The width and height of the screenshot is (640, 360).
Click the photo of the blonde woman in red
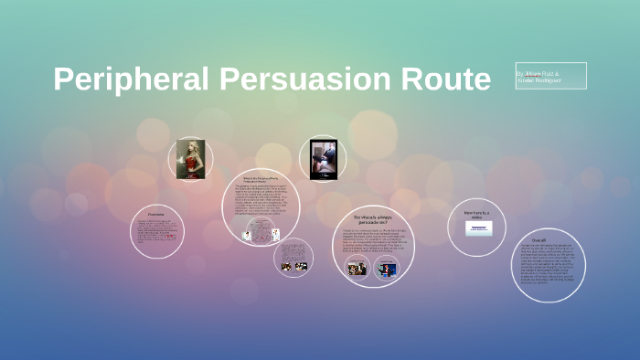pyautogui.click(x=190, y=158)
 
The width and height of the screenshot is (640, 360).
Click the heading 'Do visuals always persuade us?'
pyautogui.click(x=371, y=218)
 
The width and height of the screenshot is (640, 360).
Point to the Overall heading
pyautogui.click(x=550, y=240)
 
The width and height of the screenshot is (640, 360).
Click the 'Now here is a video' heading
pyautogui.click(x=476, y=214)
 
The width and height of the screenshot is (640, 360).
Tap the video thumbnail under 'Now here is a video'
pyautogui.click(x=478, y=228)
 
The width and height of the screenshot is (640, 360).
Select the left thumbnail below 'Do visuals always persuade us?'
pyautogui.click(x=357, y=269)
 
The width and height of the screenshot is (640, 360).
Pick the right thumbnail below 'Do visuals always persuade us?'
pyautogui.click(x=388, y=269)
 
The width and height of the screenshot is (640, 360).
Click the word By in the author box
pyautogui.click(x=520, y=71)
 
